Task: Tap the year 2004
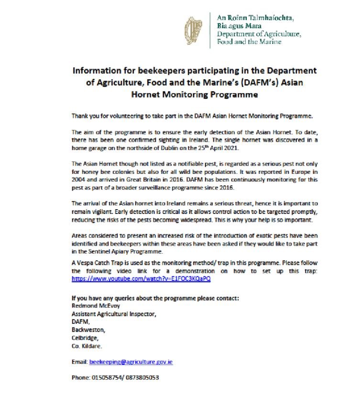[78, 178]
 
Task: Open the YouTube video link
[141, 278]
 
